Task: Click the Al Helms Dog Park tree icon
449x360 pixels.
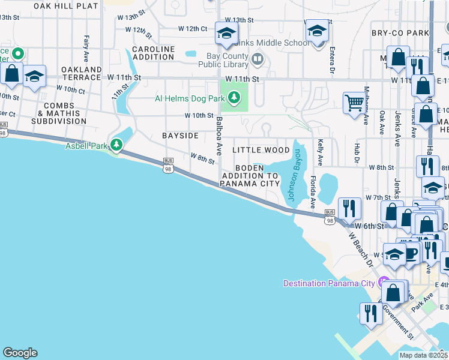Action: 232,97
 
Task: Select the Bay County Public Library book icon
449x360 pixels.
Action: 258,59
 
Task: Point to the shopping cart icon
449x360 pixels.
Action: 354,102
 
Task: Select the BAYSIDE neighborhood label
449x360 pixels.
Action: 180,136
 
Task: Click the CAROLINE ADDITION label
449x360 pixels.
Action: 153,53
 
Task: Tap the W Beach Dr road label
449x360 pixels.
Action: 360,250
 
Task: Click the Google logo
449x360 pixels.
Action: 20,353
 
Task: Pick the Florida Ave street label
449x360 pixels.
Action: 313,191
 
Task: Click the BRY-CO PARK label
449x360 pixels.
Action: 400,33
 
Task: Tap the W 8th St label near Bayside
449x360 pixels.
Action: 202,157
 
